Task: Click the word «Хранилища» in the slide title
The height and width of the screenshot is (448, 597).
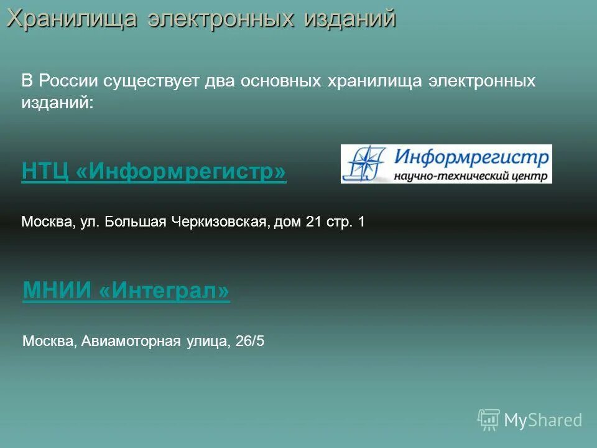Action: (x=72, y=19)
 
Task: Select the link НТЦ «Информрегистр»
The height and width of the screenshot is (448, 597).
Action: (x=154, y=171)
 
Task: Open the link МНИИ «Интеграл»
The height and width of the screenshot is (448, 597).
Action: (x=126, y=290)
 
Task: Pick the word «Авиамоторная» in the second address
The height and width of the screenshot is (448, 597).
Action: (x=131, y=341)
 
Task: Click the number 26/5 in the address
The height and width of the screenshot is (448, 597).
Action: (x=251, y=341)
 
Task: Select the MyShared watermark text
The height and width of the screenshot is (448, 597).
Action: (x=543, y=420)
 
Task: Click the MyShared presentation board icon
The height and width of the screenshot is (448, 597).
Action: (x=489, y=420)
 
